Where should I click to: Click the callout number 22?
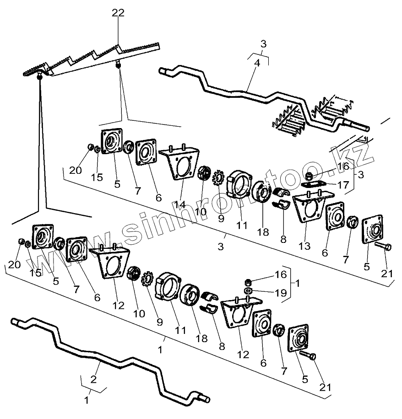(118, 13)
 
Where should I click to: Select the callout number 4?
(257, 64)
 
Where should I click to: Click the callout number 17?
(343, 185)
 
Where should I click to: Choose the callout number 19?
(282, 291)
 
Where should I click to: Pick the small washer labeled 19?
(247, 291)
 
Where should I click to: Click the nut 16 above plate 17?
(310, 176)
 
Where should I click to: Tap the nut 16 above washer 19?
(247, 282)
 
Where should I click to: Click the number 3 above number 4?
(263, 44)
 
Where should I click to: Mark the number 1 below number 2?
(87, 399)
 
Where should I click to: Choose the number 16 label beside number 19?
(281, 274)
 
